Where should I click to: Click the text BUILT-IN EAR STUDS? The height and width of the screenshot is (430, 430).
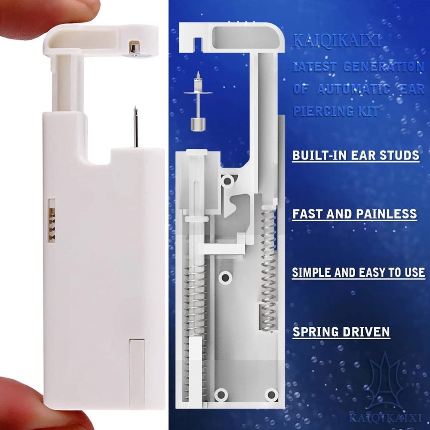(356, 155)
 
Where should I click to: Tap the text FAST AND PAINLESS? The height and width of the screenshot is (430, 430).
(354, 214)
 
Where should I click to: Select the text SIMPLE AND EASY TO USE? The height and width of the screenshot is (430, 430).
(358, 273)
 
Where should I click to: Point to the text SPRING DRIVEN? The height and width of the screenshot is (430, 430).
(341, 332)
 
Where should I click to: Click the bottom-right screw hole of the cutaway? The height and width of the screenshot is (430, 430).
(270, 393)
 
